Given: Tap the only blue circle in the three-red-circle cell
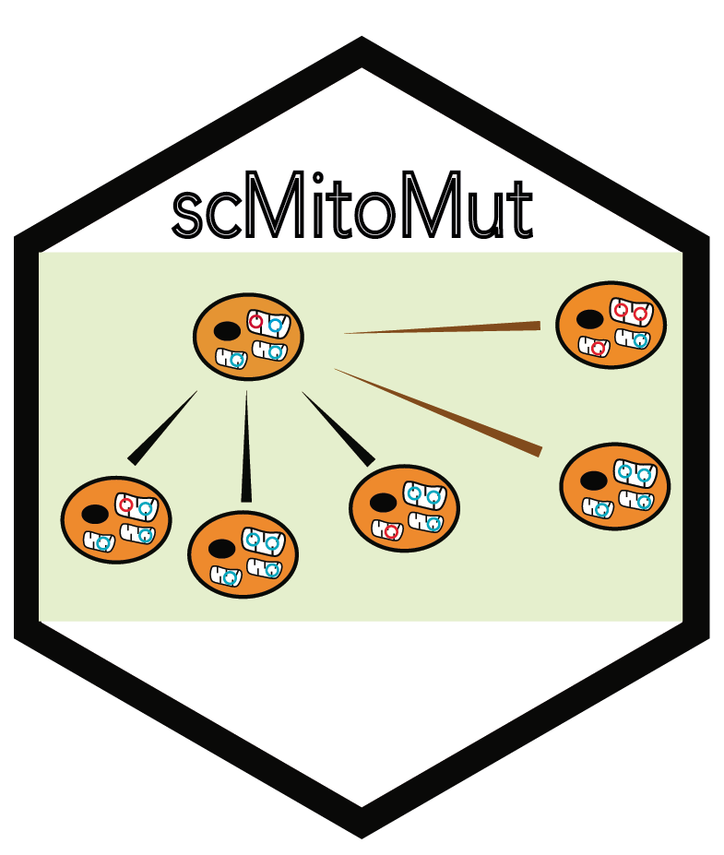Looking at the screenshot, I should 641,340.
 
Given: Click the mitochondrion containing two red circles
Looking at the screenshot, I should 631,313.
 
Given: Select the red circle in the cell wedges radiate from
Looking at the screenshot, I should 256,323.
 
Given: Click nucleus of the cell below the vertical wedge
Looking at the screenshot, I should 221,548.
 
